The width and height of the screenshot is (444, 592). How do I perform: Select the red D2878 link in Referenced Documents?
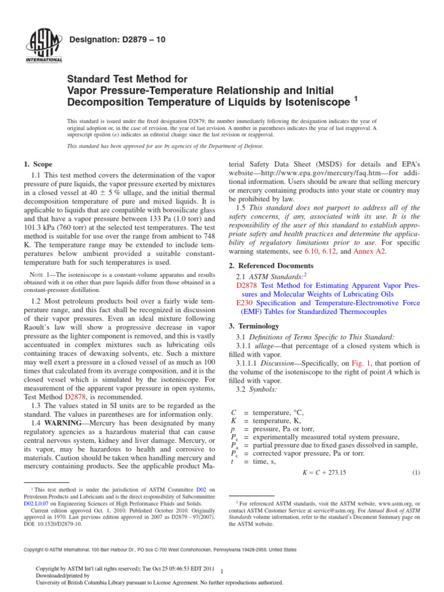pyautogui.click(x=247, y=286)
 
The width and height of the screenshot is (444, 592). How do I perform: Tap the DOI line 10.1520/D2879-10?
pyautogui.click(x=53, y=524)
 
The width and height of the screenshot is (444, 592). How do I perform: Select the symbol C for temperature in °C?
pyautogui.click(x=234, y=412)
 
